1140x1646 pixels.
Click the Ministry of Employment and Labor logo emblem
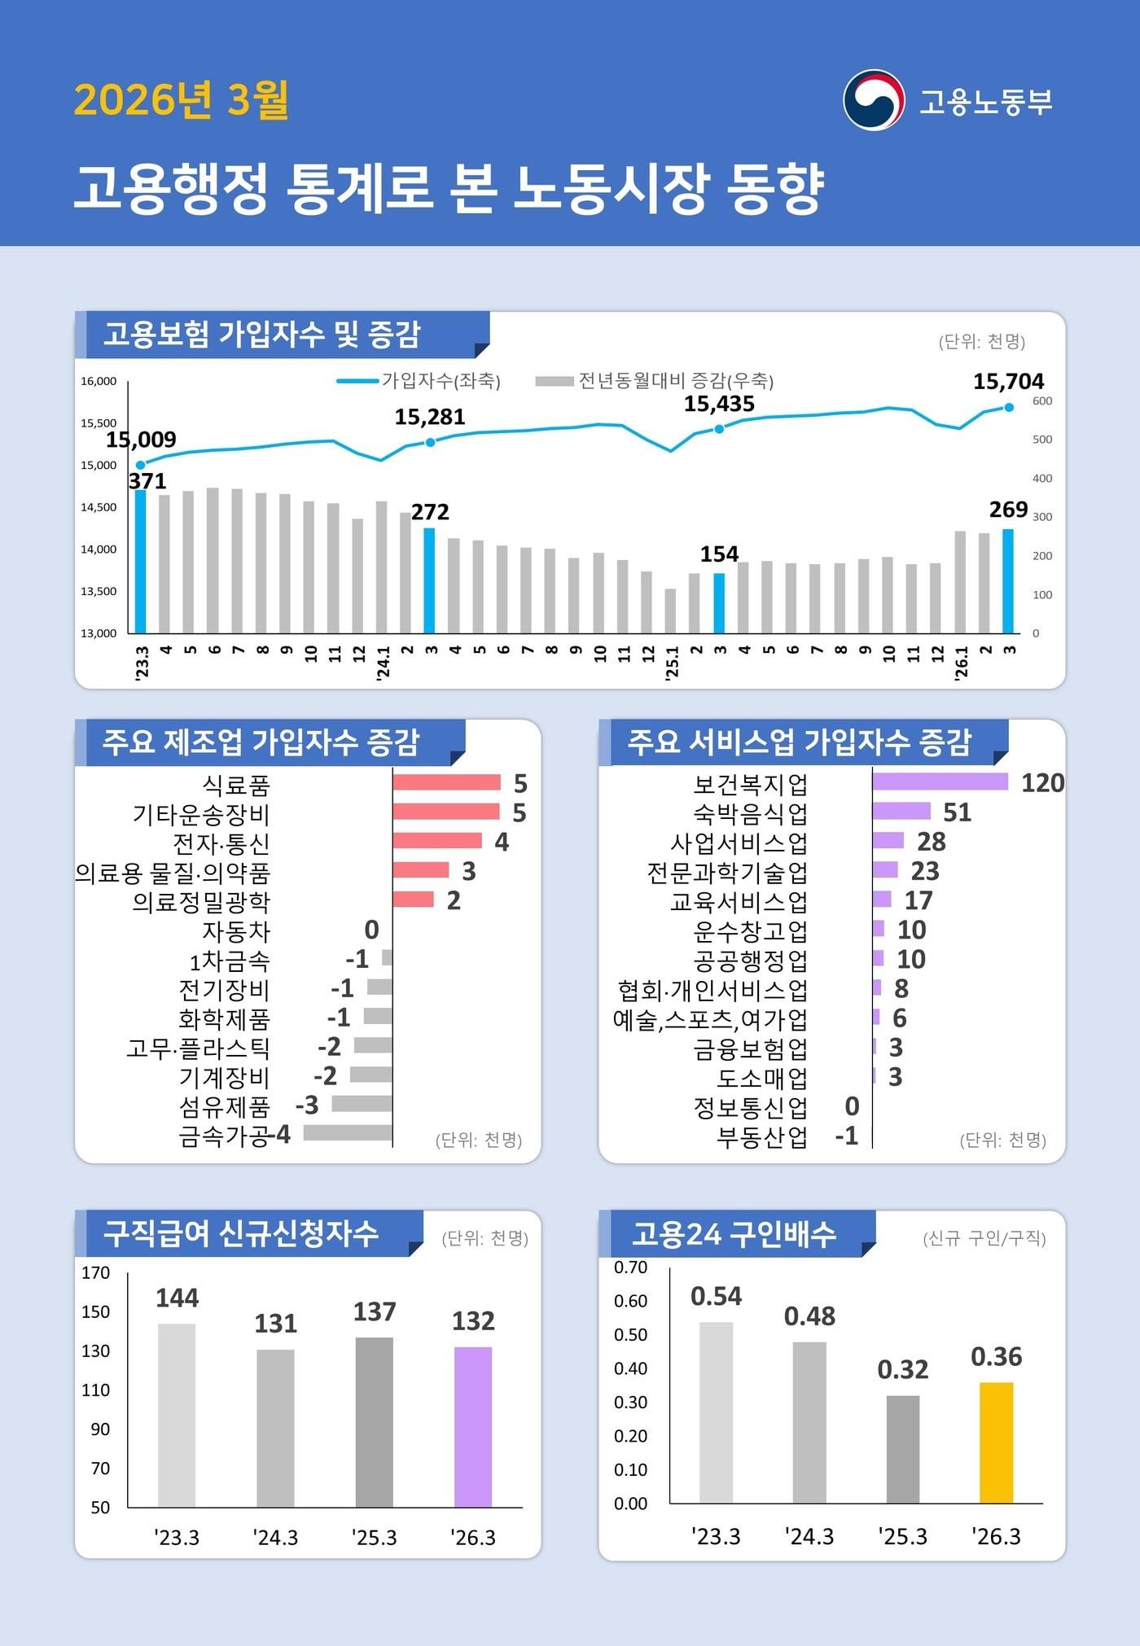[874, 100]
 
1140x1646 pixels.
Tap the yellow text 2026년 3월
[181, 100]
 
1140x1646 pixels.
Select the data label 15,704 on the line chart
[1008, 381]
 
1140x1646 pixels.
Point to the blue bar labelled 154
[719, 602]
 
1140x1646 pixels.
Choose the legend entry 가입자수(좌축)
[419, 380]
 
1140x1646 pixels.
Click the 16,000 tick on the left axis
[99, 381]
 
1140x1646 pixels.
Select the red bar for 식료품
[446, 782]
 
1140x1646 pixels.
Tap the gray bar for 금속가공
[348, 1132]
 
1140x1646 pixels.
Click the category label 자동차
[236, 930]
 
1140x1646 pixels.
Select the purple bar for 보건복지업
[940, 781]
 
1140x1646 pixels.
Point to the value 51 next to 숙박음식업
[957, 812]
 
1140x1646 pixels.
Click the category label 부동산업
[762, 1136]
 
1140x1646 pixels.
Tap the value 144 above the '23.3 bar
[177, 1298]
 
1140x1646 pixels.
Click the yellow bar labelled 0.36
[996, 1442]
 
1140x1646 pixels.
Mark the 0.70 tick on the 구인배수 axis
[630, 1267]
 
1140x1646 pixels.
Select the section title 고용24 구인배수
[734, 1234]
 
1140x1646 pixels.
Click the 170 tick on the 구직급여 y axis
[96, 1272]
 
